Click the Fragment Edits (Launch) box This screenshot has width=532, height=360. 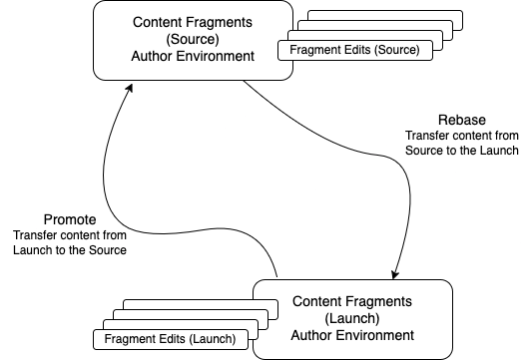[172, 339]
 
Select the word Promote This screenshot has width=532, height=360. [70, 218]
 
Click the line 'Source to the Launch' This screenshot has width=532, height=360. [460, 150]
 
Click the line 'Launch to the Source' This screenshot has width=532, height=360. [70, 249]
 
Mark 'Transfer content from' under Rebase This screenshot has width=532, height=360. [461, 135]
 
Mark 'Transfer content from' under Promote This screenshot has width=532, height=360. [70, 234]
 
